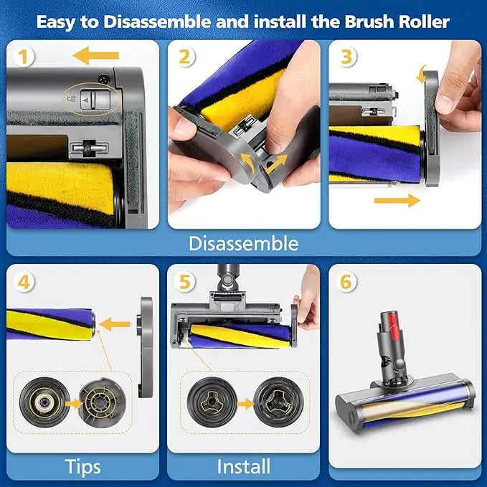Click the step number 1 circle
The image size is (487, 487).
point(25,56)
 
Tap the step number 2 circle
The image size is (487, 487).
point(186,57)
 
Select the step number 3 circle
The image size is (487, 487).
point(347,56)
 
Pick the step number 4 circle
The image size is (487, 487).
point(26,281)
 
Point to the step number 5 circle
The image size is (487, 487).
point(186,281)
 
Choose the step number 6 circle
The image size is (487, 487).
point(347,282)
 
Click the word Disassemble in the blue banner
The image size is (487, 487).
point(243,243)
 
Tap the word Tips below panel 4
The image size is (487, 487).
point(82,467)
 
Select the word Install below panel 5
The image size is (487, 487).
point(243,467)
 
